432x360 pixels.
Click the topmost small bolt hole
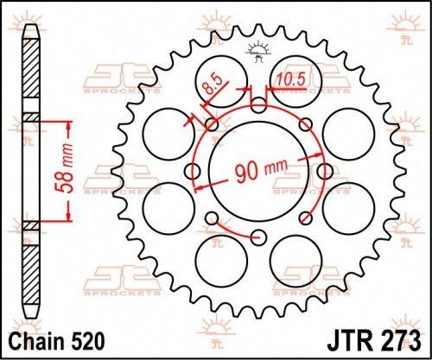pyautogui.click(x=259, y=106)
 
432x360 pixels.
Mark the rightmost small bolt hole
pyautogui.click(x=326, y=173)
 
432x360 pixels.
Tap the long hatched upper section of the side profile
pyautogui.click(x=30, y=73)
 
